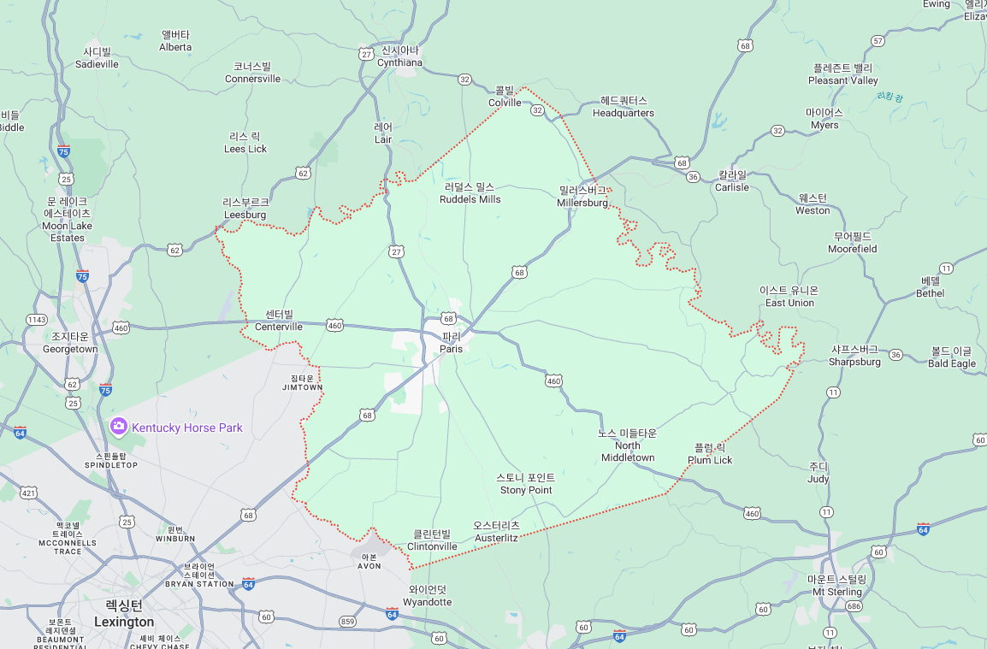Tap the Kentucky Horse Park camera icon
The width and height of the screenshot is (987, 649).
(x=119, y=426)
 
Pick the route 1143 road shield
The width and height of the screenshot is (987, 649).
(x=36, y=320)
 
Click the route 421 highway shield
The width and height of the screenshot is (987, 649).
(x=29, y=493)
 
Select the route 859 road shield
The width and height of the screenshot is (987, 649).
(x=347, y=622)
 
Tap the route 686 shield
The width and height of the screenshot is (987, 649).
(x=853, y=606)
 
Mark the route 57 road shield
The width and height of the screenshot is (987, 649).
(x=878, y=41)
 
